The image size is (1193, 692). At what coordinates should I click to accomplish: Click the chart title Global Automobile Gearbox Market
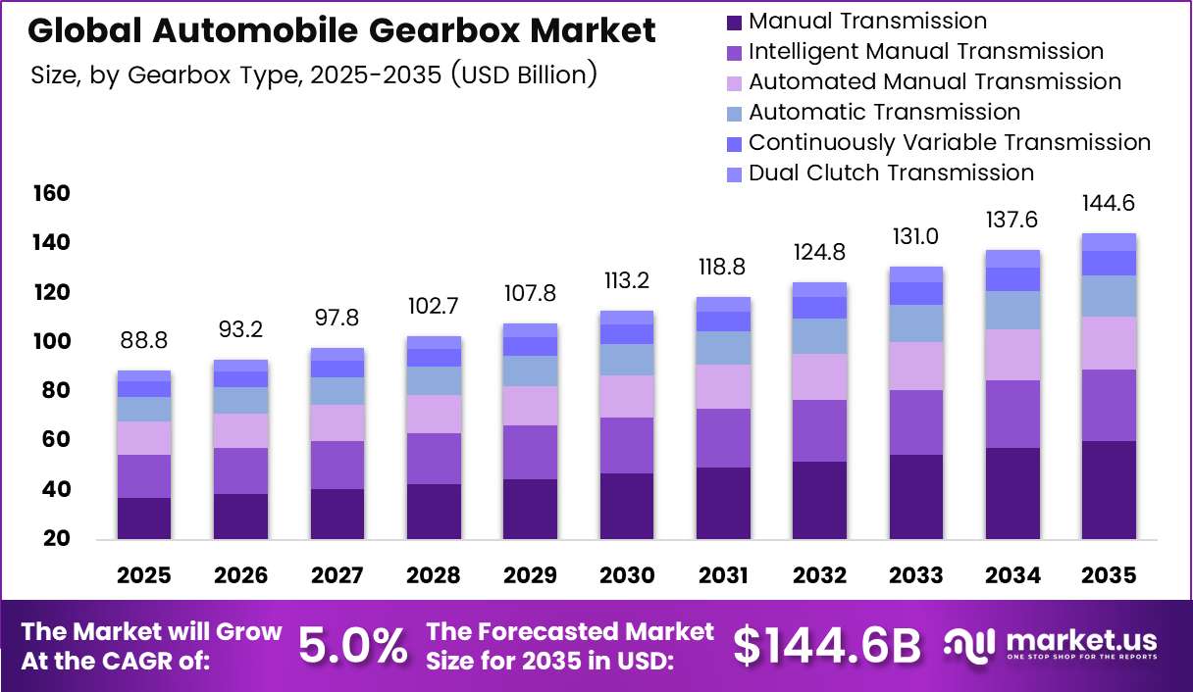click(341, 30)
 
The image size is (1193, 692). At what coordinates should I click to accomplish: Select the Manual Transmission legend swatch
click(734, 23)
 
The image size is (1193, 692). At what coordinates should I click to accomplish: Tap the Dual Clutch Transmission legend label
click(891, 173)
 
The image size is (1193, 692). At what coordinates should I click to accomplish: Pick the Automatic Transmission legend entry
click(873, 113)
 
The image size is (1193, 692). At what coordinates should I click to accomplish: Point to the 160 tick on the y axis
click(52, 193)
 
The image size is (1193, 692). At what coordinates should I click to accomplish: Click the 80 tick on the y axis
click(55, 390)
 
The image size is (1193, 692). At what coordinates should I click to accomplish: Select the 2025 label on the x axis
click(144, 575)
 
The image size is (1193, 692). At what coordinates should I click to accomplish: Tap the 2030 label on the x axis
click(627, 575)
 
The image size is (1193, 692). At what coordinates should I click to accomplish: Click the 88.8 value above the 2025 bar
click(144, 340)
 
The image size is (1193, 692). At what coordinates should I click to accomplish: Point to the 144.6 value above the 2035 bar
click(1109, 203)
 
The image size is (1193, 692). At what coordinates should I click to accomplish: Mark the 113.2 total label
click(627, 281)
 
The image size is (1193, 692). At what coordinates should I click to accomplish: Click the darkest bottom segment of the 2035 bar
click(1109, 490)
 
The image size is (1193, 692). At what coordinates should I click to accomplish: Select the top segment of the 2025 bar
click(144, 375)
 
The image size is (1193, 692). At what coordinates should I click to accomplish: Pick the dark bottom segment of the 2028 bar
click(434, 512)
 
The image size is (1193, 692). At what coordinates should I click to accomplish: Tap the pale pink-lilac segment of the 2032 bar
click(819, 376)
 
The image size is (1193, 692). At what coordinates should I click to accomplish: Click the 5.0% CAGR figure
click(352, 646)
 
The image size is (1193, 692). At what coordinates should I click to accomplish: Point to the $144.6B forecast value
click(827, 646)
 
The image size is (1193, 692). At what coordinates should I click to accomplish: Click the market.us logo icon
click(968, 646)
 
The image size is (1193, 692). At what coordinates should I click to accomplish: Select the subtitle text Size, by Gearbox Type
click(168, 75)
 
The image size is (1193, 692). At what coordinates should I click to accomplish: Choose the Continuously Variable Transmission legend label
click(950, 142)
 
